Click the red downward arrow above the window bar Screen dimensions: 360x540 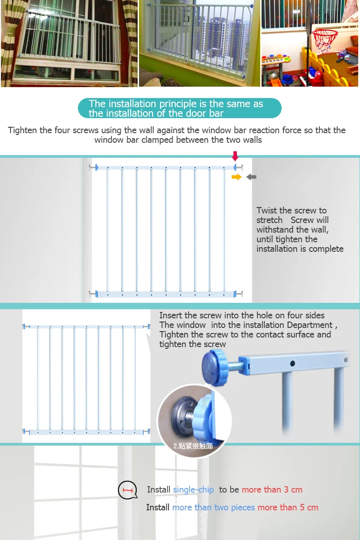coord(235,156)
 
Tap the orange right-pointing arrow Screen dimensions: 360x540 coord(236,177)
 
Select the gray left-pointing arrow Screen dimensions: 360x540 coord(251,177)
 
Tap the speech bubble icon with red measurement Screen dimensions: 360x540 coord(128,490)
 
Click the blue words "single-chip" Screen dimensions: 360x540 coord(193,490)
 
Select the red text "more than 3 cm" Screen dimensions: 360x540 coord(272,490)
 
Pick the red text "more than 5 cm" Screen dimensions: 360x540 coord(288,508)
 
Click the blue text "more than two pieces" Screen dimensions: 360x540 coord(213,508)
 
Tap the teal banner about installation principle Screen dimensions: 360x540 coord(180,109)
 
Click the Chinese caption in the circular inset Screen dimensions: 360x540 coord(193,446)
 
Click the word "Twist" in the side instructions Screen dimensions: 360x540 coord(267,211)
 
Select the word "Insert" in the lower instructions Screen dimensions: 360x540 coord(171,316)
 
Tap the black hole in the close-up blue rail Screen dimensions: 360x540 coord(293,363)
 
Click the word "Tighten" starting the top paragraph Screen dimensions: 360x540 coord(23,130)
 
